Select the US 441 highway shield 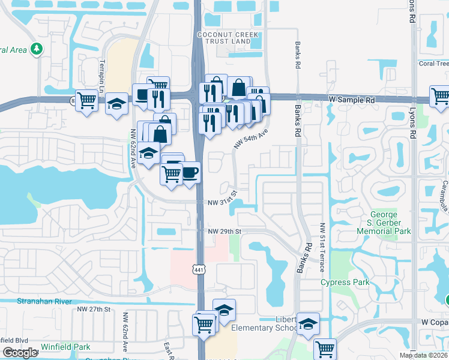click(x=199, y=270)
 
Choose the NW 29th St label click(x=224, y=231)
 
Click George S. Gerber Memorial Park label click(x=391, y=223)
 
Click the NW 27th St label click(x=94, y=309)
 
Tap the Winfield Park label click(x=65, y=347)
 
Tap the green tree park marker click(x=37, y=49)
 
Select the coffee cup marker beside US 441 click(x=190, y=173)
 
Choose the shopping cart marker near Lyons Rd click(x=439, y=96)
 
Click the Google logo click(x=20, y=353)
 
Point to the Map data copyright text click(x=423, y=355)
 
